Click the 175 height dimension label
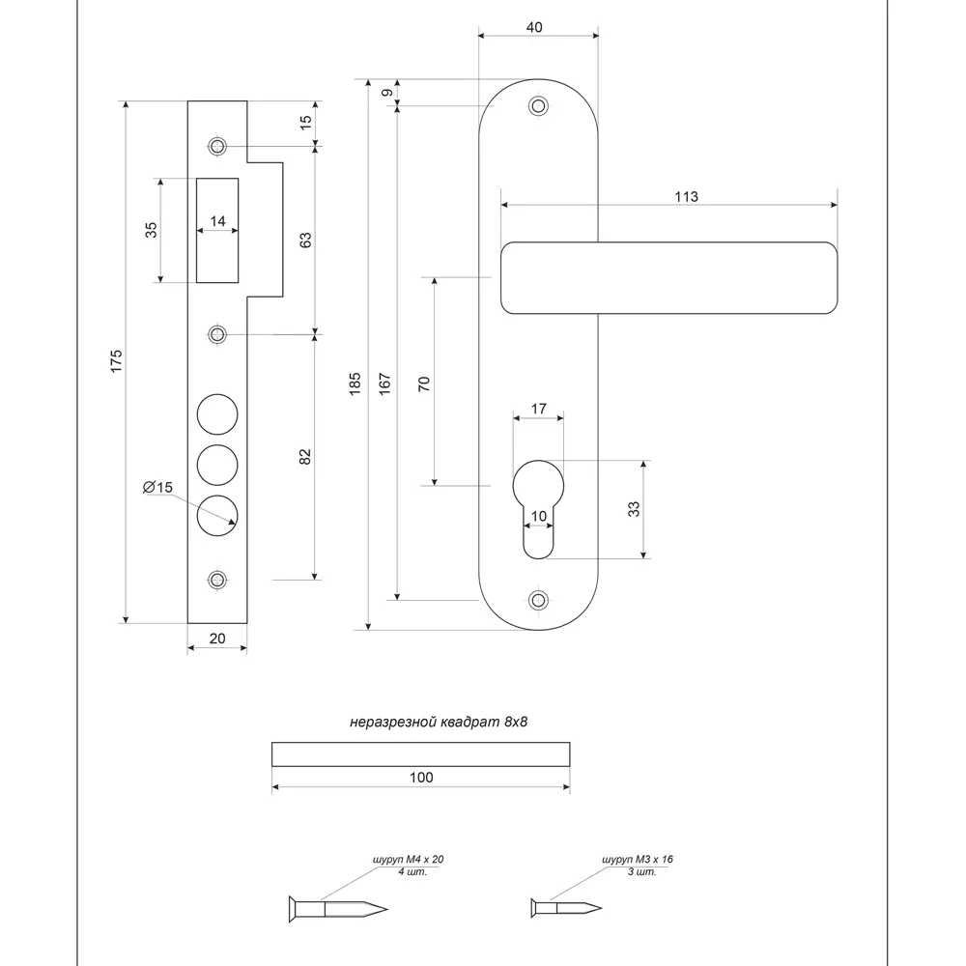(115, 361)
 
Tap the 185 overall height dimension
(355, 384)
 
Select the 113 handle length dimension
(686, 196)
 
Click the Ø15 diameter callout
(157, 488)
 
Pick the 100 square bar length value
(421, 778)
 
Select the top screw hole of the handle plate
(538, 105)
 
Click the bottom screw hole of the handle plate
(538, 599)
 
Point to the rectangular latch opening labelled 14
(217, 230)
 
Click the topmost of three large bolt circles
(216, 414)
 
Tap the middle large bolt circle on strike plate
(216, 464)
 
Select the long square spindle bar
(421, 753)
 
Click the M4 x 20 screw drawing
(338, 908)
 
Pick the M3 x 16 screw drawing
(566, 907)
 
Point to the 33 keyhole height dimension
(635, 509)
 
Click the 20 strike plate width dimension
(216, 638)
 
